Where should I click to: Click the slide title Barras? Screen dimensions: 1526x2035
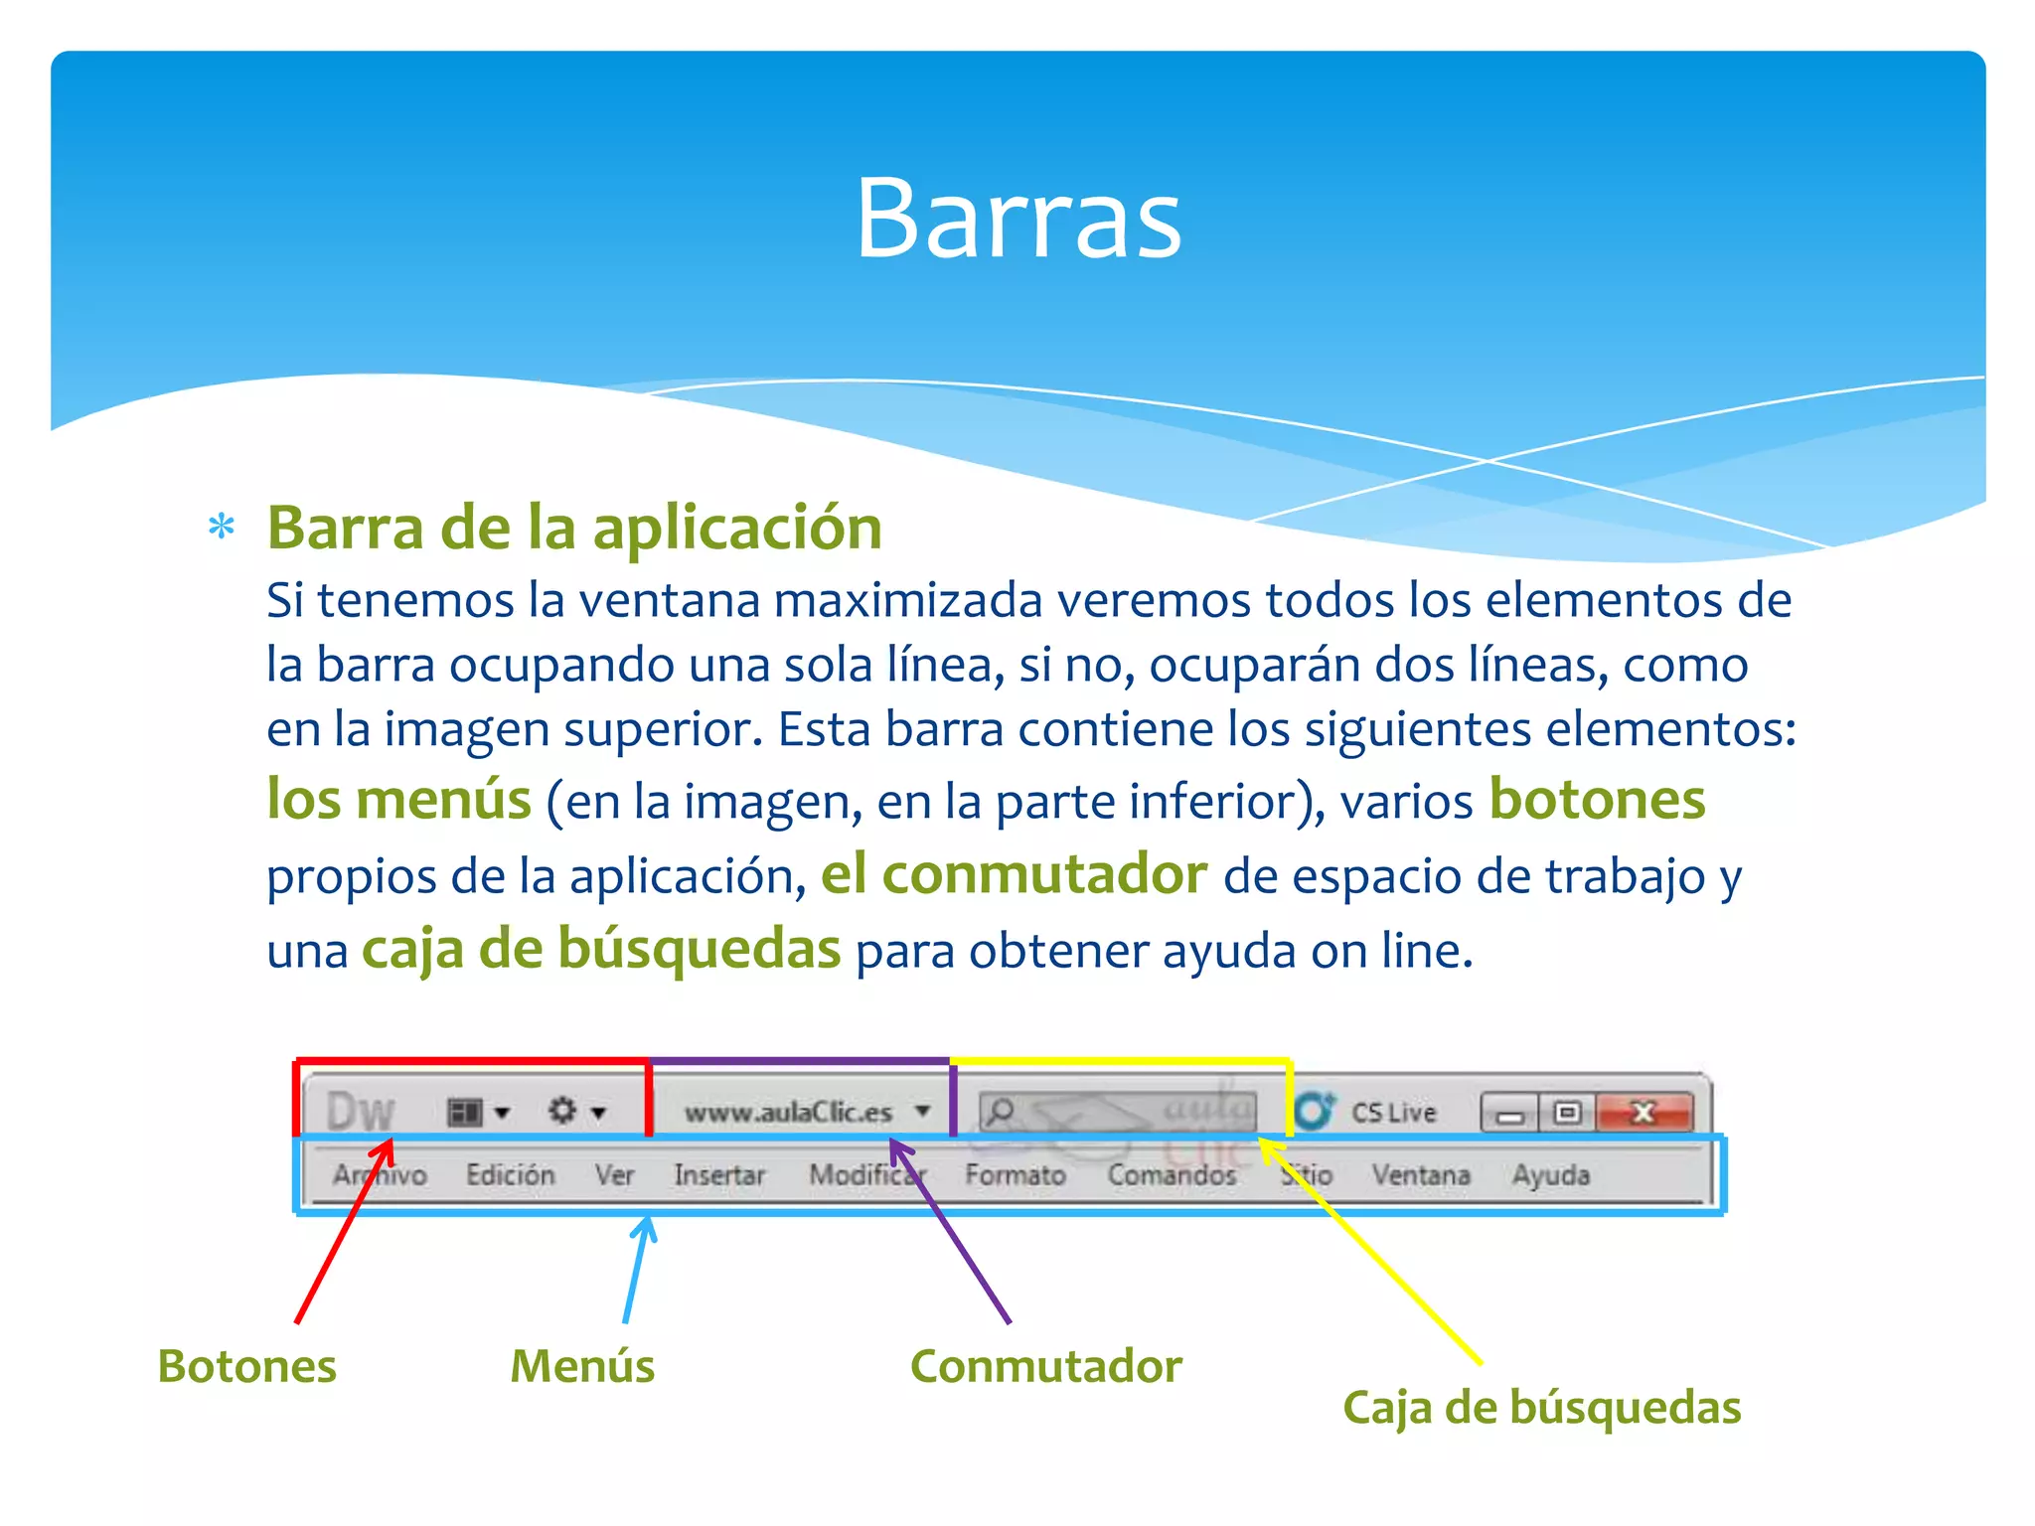pyautogui.click(x=1017, y=219)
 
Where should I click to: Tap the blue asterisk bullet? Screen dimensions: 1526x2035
pyautogui.click(x=222, y=527)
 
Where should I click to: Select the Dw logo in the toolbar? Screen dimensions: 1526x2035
pyautogui.click(x=360, y=1111)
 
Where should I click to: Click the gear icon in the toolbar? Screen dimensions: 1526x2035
pyautogui.click(x=563, y=1110)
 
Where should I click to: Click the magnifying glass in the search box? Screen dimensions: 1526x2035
pyautogui.click(x=1001, y=1110)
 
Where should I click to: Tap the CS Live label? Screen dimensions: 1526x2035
pyautogui.click(x=1393, y=1113)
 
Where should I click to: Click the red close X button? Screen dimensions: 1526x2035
pyautogui.click(x=1644, y=1113)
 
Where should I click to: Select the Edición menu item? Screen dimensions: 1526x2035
pyautogui.click(x=510, y=1175)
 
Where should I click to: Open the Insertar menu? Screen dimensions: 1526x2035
pyautogui.click(x=719, y=1175)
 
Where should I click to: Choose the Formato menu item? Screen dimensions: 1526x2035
pyautogui.click(x=1015, y=1175)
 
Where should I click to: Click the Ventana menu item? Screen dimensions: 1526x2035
pyautogui.click(x=1420, y=1175)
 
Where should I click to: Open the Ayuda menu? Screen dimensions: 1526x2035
pyautogui.click(x=1550, y=1175)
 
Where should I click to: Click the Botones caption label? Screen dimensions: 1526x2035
pyautogui.click(x=246, y=1366)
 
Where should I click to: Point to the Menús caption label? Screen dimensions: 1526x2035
pyautogui.click(x=582, y=1366)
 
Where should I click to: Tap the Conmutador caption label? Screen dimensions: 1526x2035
pyautogui.click(x=1045, y=1366)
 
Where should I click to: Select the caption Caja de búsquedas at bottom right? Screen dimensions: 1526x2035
pyautogui.click(x=1541, y=1408)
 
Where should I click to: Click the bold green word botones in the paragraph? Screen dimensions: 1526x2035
pyautogui.click(x=1597, y=800)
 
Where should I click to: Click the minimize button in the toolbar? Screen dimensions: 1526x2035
pyautogui.click(x=1509, y=1114)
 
